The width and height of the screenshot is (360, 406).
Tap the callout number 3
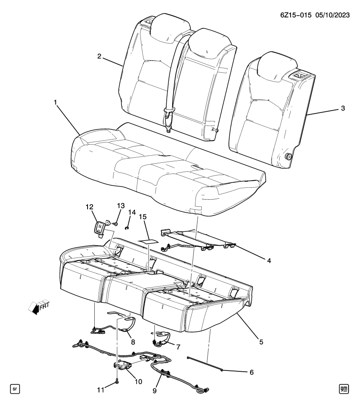(x=343, y=108)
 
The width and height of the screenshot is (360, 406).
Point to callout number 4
(x=268, y=261)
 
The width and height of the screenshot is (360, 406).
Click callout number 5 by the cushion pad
(x=261, y=341)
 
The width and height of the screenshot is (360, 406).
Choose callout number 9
(x=154, y=391)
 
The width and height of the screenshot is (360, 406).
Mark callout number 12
(x=89, y=207)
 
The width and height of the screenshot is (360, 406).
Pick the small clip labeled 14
(x=126, y=228)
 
